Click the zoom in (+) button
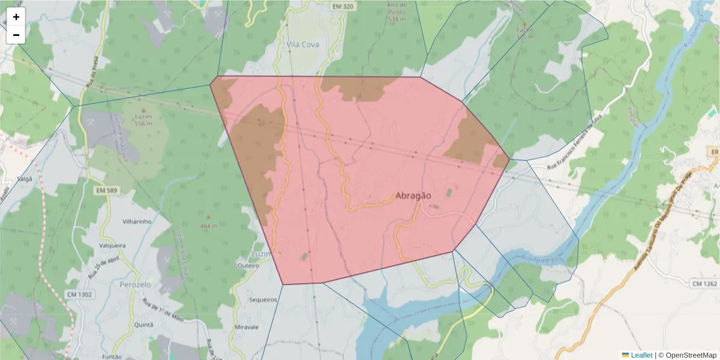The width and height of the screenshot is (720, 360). [x=16, y=17]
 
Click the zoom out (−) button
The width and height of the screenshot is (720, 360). [x=16, y=35]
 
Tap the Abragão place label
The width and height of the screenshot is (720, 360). [x=413, y=195]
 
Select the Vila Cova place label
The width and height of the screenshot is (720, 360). [x=302, y=44]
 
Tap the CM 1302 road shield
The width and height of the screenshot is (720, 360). [x=80, y=294]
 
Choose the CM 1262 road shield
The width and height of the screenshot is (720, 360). [x=704, y=283]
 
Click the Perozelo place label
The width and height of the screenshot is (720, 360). [x=137, y=284]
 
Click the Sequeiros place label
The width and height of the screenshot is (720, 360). [x=263, y=299]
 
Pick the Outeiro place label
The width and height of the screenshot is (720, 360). [x=248, y=265]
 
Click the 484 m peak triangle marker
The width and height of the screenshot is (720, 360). [x=208, y=217]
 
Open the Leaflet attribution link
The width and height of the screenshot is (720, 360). [x=641, y=355]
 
